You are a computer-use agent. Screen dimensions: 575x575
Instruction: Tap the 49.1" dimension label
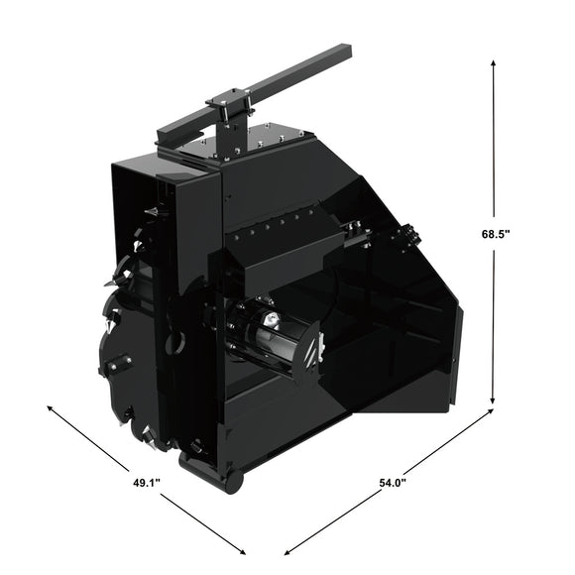pyautogui.click(x=147, y=482)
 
